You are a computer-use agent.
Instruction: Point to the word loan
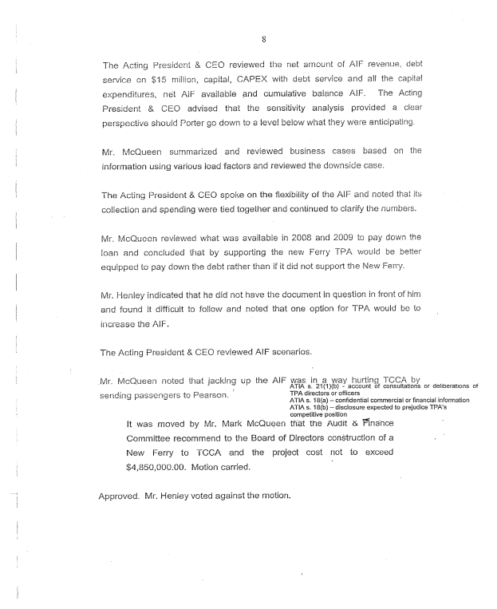pyautogui.click(x=112, y=254)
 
